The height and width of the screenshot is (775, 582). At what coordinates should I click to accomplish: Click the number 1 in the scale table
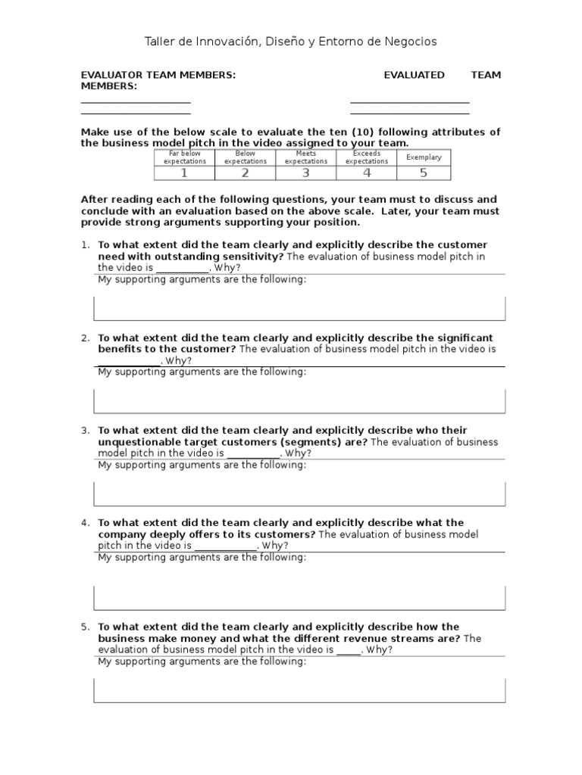pyautogui.click(x=184, y=173)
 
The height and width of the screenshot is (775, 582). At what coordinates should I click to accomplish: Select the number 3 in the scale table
pyautogui.click(x=306, y=173)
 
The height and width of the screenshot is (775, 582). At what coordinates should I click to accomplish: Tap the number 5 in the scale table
pyautogui.click(x=424, y=173)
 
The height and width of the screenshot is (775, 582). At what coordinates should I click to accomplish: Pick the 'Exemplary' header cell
pyautogui.click(x=424, y=157)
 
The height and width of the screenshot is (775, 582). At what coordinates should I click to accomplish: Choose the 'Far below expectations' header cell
pyautogui.click(x=184, y=157)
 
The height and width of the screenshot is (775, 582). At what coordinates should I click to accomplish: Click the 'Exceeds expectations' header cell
pyautogui.click(x=367, y=157)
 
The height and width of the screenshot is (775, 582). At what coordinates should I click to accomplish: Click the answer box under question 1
pyautogui.click(x=299, y=309)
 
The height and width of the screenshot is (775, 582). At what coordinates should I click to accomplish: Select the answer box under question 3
pyautogui.click(x=299, y=493)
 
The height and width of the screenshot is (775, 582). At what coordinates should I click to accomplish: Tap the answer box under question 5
pyautogui.click(x=299, y=690)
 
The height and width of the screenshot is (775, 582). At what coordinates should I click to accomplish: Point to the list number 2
pyautogui.click(x=86, y=338)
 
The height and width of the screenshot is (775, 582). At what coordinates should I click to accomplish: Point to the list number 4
pyautogui.click(x=86, y=523)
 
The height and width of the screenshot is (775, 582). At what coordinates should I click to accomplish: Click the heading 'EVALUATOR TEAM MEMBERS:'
pyautogui.click(x=158, y=75)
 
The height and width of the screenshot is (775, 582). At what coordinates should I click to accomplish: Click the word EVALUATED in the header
pyautogui.click(x=414, y=75)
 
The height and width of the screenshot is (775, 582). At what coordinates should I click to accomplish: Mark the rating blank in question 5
pyautogui.click(x=349, y=650)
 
